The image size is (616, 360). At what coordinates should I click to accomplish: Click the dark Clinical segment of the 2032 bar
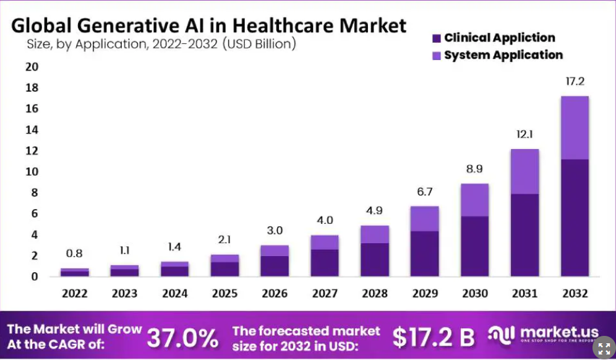pos(575,217)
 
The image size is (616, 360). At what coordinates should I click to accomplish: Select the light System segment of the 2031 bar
pos(524,171)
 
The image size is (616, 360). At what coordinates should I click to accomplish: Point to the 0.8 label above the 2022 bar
pos(74,253)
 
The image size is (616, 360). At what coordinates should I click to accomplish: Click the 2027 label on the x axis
pos(325,293)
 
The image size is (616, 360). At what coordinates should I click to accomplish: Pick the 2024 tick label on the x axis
pos(174,293)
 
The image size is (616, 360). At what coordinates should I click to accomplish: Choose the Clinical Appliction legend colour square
pos(436,38)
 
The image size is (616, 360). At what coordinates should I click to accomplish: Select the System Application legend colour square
pos(436,56)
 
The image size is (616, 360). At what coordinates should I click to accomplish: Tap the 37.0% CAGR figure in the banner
pos(182,338)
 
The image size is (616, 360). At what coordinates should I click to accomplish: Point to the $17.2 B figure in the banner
pos(434,337)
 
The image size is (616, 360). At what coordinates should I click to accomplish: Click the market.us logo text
pos(554,333)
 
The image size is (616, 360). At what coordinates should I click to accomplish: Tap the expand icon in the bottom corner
pos(604,348)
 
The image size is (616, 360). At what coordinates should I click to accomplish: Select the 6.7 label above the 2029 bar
pos(424,193)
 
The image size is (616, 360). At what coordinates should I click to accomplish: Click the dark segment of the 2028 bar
pos(375,259)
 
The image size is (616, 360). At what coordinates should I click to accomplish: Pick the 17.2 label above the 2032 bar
pos(575,81)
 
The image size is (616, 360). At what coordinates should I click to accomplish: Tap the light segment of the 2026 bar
pos(275,251)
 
